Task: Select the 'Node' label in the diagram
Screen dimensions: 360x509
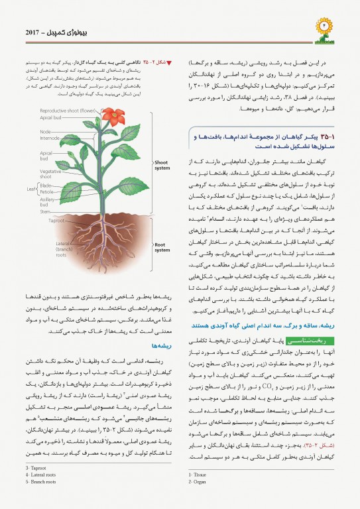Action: coord(45,131)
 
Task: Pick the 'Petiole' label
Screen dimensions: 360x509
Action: coord(48,192)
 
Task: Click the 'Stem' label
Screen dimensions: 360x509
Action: coord(46,212)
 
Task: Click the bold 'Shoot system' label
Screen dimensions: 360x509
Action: coord(161,164)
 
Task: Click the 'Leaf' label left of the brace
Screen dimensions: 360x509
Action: coord(30,189)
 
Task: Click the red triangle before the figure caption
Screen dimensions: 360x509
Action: coord(168,63)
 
